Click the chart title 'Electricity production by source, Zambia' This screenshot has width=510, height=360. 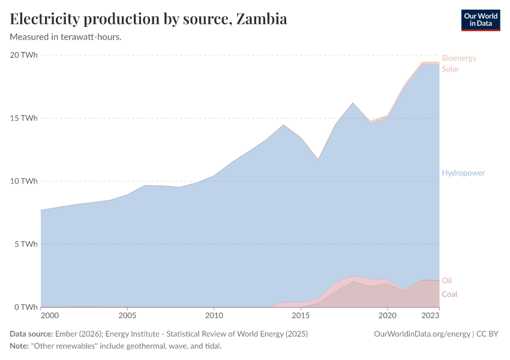[148, 19]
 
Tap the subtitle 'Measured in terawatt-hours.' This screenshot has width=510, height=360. [66, 37]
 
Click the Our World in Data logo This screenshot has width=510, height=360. [480, 20]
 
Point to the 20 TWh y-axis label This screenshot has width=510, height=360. [24, 55]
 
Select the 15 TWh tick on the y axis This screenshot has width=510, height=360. [24, 118]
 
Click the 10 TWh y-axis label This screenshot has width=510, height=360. [24, 181]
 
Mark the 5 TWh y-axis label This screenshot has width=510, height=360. [26, 244]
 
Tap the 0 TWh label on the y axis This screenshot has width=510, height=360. [26, 307]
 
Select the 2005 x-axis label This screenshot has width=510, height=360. [127, 315]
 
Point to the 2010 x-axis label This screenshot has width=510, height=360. [214, 315]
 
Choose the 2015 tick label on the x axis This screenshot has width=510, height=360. [301, 315]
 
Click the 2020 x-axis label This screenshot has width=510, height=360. [388, 315]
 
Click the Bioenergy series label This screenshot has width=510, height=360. [459, 58]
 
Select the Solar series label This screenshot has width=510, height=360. [451, 69]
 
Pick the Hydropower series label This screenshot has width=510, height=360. [463, 173]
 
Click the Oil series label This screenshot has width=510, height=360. [447, 281]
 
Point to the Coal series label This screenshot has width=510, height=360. [449, 294]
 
